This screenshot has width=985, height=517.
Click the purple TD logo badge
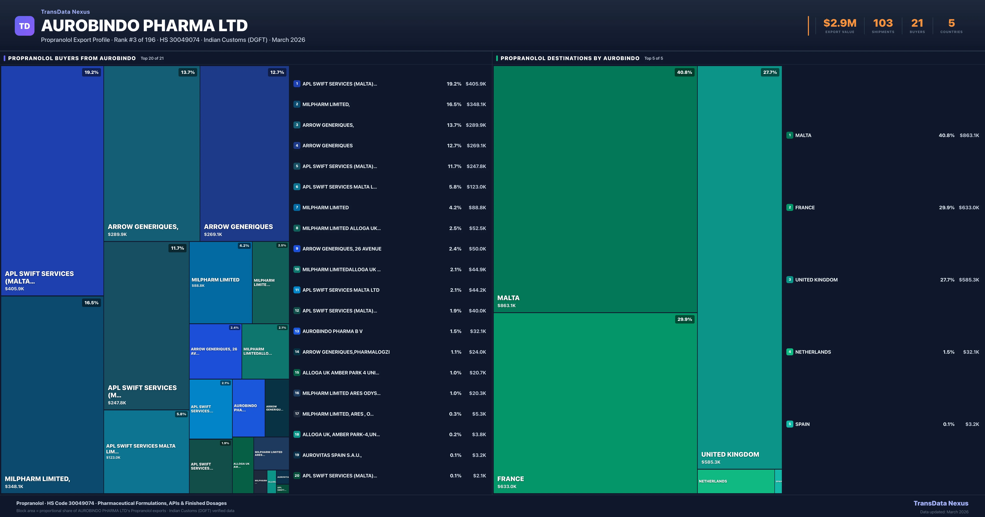click(x=24, y=26)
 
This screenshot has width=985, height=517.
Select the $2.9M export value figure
click(x=840, y=23)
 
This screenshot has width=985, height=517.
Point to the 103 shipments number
click(x=883, y=23)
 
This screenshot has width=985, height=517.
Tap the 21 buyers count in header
click(x=917, y=23)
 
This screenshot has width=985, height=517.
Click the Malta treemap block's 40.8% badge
click(x=684, y=72)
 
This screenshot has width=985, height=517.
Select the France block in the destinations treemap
click(x=595, y=401)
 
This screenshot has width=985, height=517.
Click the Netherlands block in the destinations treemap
click(x=736, y=481)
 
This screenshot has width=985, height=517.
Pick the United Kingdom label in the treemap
click(x=730, y=454)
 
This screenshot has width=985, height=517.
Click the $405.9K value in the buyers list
click(x=476, y=84)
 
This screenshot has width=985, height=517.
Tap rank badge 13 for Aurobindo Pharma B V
click(x=297, y=331)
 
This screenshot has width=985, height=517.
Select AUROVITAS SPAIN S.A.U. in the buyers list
click(x=332, y=455)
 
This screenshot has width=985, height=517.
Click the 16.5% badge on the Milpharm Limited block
click(x=91, y=302)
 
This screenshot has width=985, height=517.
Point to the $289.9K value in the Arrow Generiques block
click(x=117, y=234)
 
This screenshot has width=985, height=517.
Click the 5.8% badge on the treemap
click(x=181, y=414)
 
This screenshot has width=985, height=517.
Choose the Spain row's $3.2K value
click(x=972, y=424)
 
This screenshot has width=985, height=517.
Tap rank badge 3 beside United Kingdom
click(x=790, y=280)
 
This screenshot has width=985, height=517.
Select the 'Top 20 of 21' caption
click(x=152, y=58)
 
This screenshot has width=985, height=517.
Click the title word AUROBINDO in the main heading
click(x=90, y=26)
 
